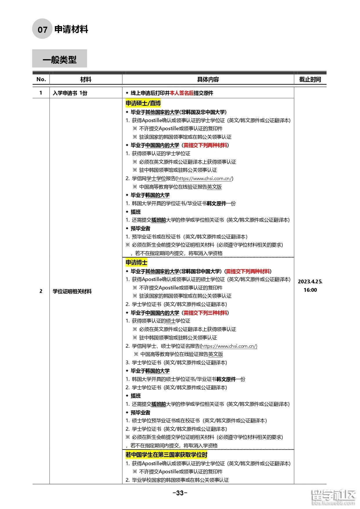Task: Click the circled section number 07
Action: [42, 29]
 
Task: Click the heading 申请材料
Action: [71, 29]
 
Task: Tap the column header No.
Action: [41, 79]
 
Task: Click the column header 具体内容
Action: [208, 79]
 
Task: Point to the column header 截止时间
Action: [310, 79]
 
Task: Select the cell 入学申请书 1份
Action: [70, 93]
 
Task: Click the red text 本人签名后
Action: [182, 93]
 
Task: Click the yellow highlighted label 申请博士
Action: [136, 262]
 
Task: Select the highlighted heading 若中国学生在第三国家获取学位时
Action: [166, 455]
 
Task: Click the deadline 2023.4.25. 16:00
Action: [310, 286]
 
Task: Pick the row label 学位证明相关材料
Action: [72, 291]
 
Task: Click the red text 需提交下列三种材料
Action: [205, 313]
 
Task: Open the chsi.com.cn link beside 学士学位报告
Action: [205, 178]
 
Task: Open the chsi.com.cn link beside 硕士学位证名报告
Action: [229, 346]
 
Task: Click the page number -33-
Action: [180, 493]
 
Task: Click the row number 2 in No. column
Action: [41, 291]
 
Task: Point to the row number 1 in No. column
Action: [41, 93]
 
